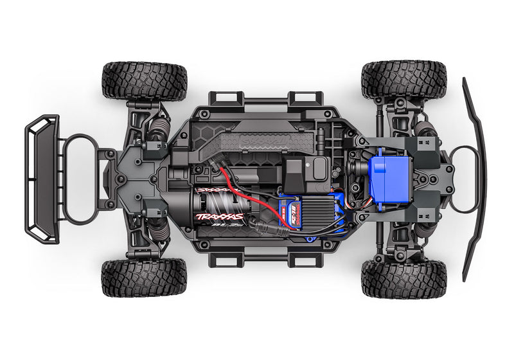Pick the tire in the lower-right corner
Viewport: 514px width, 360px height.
tap(403, 278)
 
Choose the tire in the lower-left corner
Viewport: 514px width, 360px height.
tap(144, 278)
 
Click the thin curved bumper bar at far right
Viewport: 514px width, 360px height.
tap(474, 180)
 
